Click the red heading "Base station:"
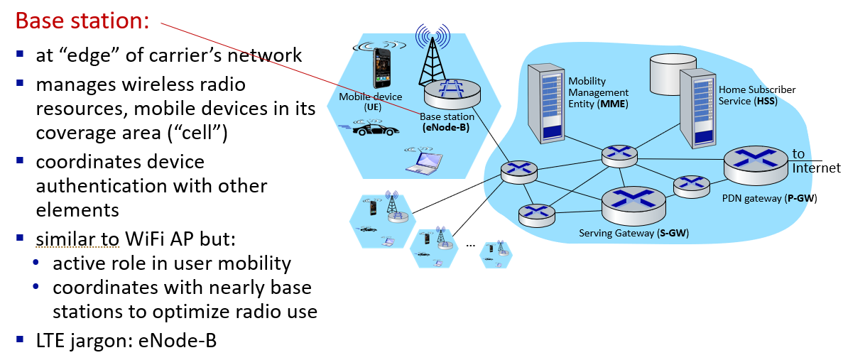click(82, 21)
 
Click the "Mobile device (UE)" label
click(370, 101)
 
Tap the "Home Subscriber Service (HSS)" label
click(756, 95)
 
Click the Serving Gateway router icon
click(633, 204)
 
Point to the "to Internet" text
click(815, 161)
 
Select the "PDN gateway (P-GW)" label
click(769, 199)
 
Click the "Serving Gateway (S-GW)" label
click(633, 233)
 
